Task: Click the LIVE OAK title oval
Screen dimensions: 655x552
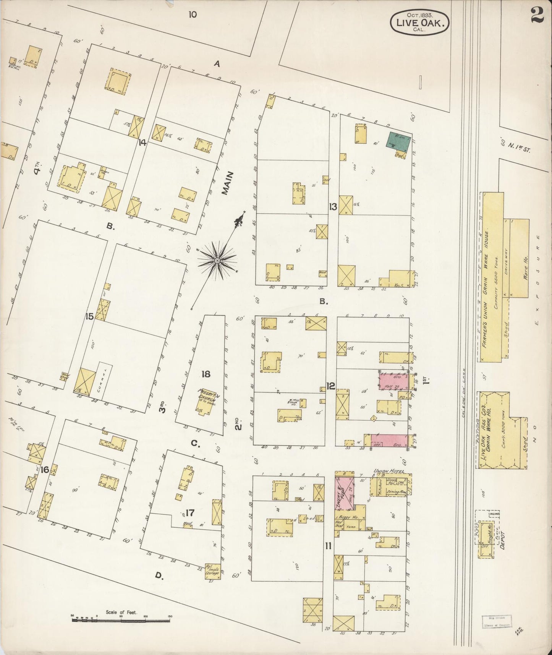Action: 419,23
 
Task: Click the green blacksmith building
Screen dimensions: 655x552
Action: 399,139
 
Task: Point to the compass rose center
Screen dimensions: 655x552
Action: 217,261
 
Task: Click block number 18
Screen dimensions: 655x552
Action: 206,374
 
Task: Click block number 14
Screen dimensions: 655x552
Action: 142,143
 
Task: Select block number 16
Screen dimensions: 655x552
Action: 45,470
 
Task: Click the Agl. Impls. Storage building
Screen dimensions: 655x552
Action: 213,571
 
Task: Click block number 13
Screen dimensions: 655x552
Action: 333,207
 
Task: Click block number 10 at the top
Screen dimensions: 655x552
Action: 193,15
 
